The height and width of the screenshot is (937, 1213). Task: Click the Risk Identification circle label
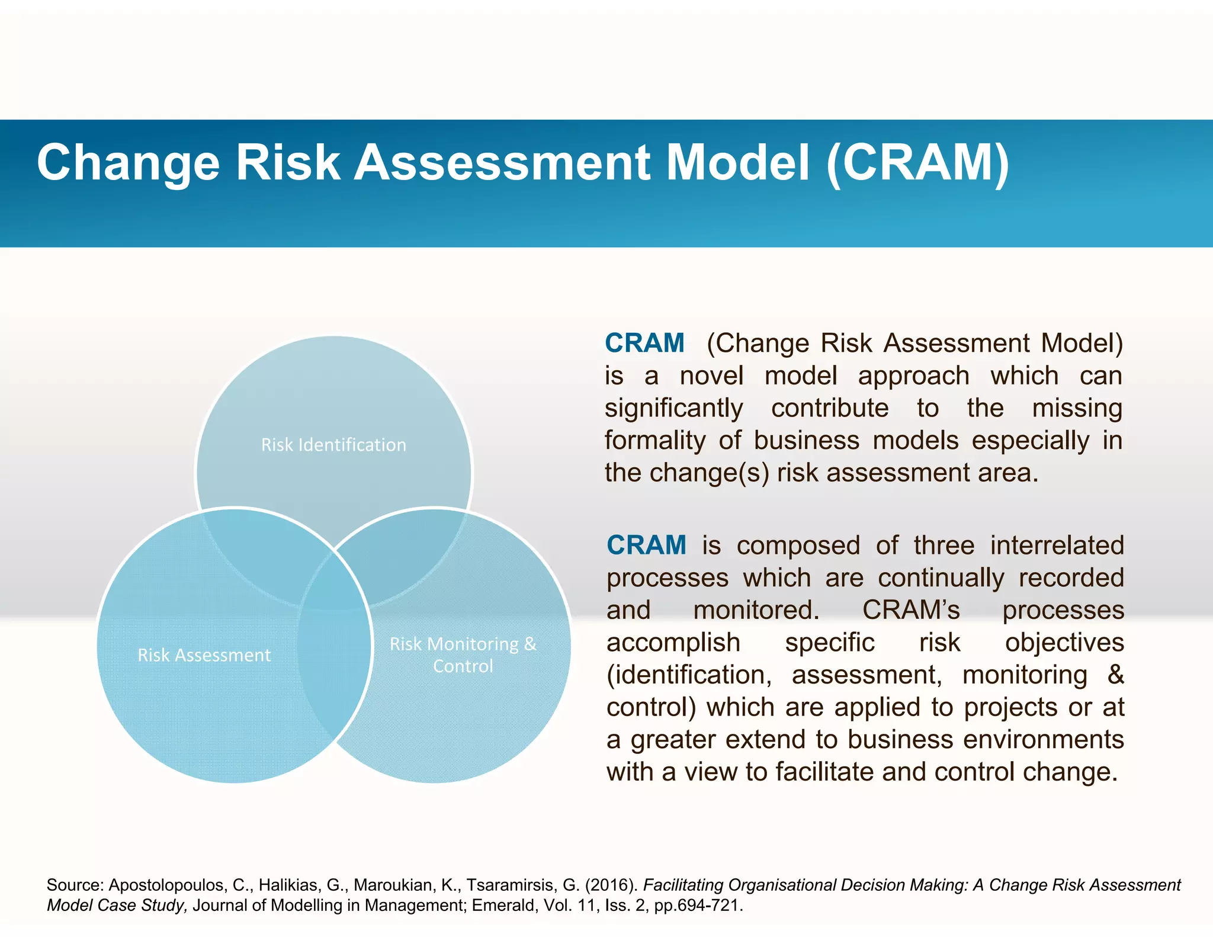(333, 445)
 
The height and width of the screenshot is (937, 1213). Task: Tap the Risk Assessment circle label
(204, 655)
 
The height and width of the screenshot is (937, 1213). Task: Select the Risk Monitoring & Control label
(463, 654)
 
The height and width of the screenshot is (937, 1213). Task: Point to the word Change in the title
(128, 163)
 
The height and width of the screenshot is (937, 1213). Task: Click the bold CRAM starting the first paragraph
(644, 344)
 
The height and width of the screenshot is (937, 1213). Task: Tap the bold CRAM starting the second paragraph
(646, 545)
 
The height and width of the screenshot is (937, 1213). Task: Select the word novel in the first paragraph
(711, 376)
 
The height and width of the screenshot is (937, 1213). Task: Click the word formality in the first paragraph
(654, 441)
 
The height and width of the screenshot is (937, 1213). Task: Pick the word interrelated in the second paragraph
(1057, 545)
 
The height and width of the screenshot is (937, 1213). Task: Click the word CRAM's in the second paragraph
(910, 610)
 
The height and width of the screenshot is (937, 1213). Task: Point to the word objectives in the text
(1064, 643)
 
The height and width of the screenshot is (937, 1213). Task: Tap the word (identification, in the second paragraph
(689, 675)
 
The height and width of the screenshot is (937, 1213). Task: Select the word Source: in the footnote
(75, 885)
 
